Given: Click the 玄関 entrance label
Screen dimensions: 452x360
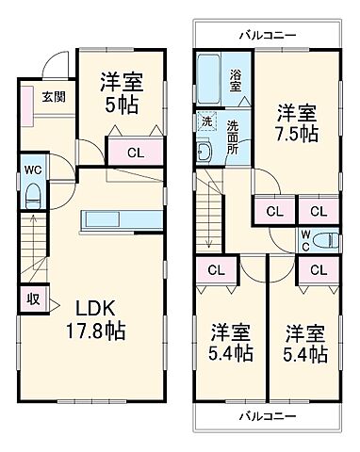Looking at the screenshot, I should tap(53, 95).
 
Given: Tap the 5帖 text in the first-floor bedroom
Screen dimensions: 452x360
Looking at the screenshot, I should tap(123, 105).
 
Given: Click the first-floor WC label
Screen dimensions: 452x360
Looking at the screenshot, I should tap(31, 172).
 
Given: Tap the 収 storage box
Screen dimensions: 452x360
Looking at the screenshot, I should tap(32, 299).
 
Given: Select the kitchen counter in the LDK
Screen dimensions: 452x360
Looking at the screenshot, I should tap(118, 218).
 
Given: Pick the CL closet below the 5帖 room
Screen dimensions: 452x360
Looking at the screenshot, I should tap(135, 150).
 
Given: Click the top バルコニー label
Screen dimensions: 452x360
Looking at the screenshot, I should tap(267, 35).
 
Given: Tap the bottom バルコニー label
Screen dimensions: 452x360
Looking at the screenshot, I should tap(267, 414).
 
